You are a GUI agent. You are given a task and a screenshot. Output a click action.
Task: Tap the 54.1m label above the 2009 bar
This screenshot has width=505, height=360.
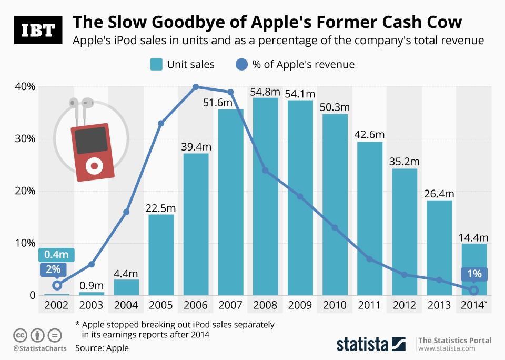pos(299,94)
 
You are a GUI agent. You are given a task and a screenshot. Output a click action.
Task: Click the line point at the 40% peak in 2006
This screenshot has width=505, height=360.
pos(196,87)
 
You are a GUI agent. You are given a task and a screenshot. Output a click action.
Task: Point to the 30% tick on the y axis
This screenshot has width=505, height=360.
pos(24,139)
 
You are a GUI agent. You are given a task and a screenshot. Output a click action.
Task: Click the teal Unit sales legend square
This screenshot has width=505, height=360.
pos(156,65)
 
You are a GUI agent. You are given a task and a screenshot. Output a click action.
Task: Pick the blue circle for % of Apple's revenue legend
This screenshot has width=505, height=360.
pos(241,65)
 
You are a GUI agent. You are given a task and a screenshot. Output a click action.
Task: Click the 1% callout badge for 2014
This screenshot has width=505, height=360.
pos(474,274)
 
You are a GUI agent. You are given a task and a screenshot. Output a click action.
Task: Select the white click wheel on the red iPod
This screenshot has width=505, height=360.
pos(95,166)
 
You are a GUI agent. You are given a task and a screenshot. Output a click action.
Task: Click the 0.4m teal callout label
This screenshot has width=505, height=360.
pos(56,255)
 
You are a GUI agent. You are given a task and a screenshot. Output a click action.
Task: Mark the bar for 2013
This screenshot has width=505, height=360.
pos(439,247)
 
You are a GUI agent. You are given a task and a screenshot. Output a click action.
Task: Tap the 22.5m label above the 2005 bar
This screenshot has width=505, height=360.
pos(161,208)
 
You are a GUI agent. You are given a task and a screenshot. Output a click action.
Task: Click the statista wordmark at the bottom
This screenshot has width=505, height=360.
pos(362,345)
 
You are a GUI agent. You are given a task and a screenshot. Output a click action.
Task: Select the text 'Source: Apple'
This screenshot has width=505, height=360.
pos(102,348)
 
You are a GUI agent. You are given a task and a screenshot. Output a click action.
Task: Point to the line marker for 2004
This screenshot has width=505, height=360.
pos(126,212)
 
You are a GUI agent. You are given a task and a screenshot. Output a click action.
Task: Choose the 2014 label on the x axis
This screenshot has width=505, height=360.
pos(472,305)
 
